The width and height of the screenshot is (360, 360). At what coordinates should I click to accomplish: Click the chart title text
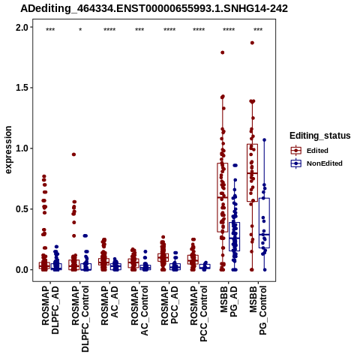pyautogui.click(x=154, y=9)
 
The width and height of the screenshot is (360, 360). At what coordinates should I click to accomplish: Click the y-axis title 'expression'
pyautogui.click(x=8, y=150)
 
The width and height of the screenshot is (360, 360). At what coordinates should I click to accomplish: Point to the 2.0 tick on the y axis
pyautogui.click(x=22, y=27)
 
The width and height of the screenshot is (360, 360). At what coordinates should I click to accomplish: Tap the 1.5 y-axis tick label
pyautogui.click(x=22, y=88)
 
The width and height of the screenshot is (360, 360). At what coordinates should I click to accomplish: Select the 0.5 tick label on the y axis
pyautogui.click(x=22, y=209)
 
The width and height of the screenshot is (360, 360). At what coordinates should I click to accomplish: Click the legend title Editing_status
pyautogui.click(x=320, y=136)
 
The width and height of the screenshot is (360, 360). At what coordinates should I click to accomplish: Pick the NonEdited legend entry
pyautogui.click(x=316, y=163)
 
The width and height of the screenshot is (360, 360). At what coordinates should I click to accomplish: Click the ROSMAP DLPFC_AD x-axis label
pyautogui.click(x=50, y=310)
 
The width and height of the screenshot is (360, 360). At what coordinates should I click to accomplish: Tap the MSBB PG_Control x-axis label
pyautogui.click(x=258, y=310)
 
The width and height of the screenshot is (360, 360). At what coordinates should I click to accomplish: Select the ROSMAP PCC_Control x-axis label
pyautogui.click(x=199, y=313)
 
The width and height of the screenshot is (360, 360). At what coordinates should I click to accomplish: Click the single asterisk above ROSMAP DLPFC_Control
pyautogui.click(x=80, y=30)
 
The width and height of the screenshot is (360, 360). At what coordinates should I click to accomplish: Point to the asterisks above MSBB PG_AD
pyautogui.click(x=229, y=30)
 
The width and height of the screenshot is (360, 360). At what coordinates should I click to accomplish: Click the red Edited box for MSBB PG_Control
pyautogui.click(x=252, y=172)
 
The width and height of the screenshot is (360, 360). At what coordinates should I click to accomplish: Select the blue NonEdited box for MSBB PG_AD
pyautogui.click(x=235, y=236)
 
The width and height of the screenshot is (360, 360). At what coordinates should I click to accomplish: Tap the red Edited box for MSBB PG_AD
pyautogui.click(x=223, y=197)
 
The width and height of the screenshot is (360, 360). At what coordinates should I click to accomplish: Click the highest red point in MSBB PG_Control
pyautogui.click(x=252, y=43)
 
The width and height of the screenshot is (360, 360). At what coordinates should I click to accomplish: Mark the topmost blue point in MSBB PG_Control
pyautogui.click(x=265, y=140)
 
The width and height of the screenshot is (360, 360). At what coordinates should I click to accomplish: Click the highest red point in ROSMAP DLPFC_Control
pyautogui.click(x=73, y=154)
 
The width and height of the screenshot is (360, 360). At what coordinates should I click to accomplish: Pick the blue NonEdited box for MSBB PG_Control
pyautogui.click(x=264, y=223)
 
